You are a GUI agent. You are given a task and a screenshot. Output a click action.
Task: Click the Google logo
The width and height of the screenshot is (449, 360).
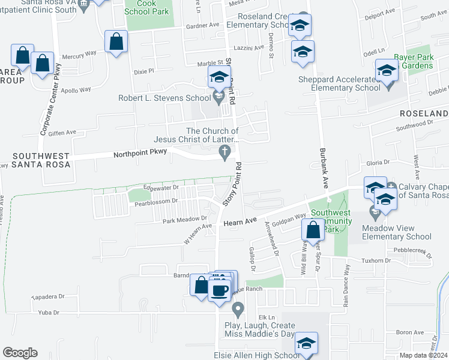[x=20, y=353]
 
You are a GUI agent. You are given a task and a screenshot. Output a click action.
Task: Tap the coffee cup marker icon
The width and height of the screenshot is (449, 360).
[x=220, y=290]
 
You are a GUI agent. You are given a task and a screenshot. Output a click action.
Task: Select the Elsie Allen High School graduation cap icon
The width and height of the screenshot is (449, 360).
[x=306, y=344]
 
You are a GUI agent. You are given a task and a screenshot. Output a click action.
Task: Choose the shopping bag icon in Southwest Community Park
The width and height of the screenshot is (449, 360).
[x=313, y=229]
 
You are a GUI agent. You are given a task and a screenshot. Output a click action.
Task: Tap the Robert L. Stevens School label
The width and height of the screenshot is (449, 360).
[x=164, y=98]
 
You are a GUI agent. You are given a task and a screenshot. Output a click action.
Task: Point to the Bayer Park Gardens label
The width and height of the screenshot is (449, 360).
[x=414, y=61]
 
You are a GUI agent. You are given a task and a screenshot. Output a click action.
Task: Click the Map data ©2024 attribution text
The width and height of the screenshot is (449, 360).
[x=424, y=355]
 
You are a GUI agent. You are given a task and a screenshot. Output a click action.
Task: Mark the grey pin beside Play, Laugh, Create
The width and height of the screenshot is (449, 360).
[x=238, y=310]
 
